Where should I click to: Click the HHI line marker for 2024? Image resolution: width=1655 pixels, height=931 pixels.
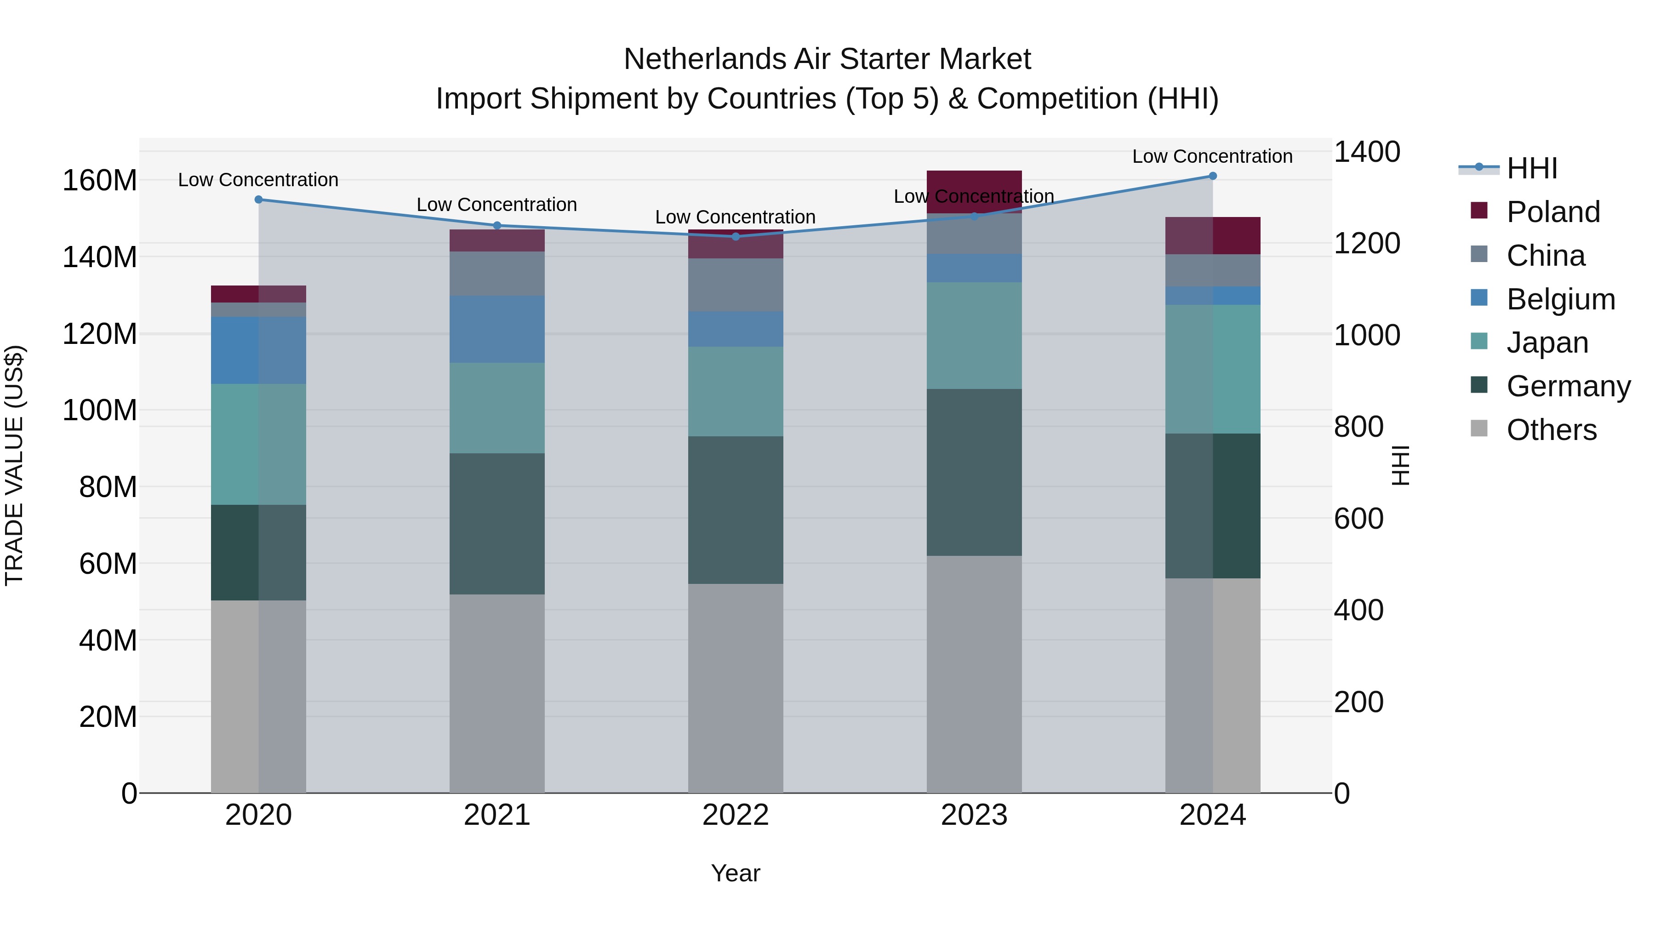tap(1212, 176)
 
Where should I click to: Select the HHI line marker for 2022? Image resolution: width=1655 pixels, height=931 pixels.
tap(736, 236)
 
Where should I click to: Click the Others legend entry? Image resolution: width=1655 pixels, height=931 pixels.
tap(1551, 430)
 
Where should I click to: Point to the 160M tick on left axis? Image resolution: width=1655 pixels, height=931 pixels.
tap(100, 181)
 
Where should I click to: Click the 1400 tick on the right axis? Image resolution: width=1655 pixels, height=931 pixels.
tap(1367, 152)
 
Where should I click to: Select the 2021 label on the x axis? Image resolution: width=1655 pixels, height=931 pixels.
tap(496, 815)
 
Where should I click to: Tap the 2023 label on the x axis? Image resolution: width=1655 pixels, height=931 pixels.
tap(974, 815)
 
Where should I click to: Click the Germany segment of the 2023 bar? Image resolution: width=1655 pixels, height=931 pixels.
tap(974, 472)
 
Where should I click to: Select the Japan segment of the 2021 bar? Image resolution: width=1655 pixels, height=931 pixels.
tap(496, 408)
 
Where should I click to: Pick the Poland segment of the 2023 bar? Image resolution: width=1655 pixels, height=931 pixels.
tap(974, 191)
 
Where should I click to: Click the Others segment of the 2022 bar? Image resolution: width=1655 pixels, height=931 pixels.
tap(736, 687)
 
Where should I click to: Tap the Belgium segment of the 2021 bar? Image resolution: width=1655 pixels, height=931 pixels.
tap(496, 329)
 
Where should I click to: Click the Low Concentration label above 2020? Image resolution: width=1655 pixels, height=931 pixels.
tap(258, 180)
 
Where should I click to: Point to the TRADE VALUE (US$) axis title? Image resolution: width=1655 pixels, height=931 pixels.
tap(14, 465)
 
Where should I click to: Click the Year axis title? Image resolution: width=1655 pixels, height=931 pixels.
tap(736, 873)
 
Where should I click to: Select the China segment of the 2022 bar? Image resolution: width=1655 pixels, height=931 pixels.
tap(736, 285)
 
